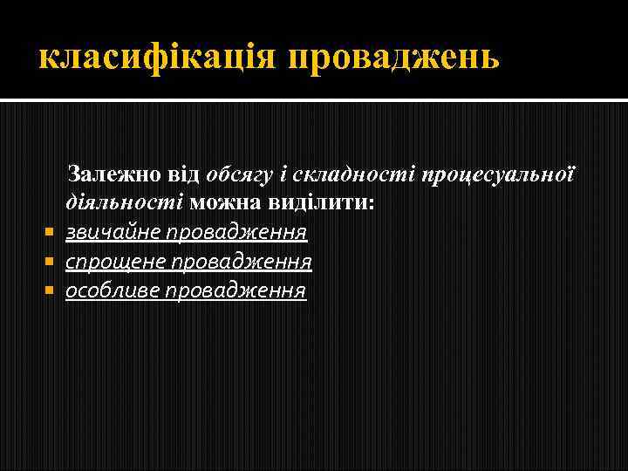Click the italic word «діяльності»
point(122,202)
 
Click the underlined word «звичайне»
point(113,232)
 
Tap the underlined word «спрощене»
point(114,261)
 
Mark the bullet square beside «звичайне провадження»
point(48,233)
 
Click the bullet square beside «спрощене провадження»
point(48,262)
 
